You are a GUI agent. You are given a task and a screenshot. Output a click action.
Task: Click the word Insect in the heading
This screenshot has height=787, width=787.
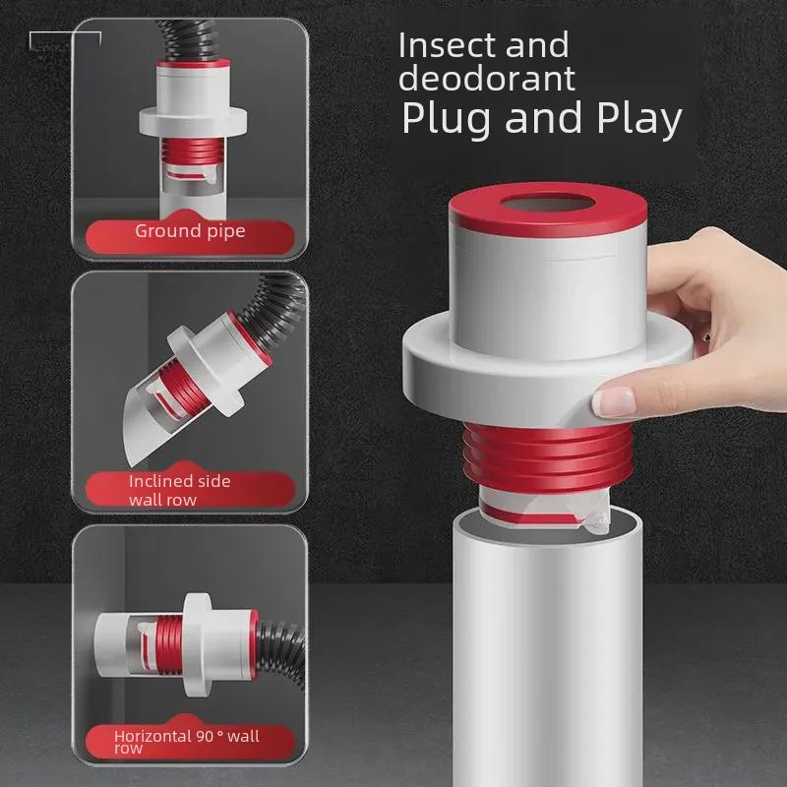448,45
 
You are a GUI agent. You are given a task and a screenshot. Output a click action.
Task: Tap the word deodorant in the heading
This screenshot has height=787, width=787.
486,79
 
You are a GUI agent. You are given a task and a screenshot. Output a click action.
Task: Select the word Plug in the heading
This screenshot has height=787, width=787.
447,118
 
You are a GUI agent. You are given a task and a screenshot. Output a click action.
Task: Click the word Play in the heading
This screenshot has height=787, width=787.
639,118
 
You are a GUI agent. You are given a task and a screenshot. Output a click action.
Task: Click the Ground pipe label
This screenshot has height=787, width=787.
190,231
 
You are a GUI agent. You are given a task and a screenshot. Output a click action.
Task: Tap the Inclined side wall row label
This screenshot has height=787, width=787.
179,490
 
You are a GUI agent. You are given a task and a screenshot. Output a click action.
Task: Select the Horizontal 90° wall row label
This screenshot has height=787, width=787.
186,741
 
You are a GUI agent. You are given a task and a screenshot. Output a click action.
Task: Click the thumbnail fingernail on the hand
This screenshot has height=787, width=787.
613,401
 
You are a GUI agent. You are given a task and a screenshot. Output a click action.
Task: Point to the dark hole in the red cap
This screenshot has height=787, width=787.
548,205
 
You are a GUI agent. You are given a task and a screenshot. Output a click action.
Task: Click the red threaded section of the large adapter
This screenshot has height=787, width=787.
547,456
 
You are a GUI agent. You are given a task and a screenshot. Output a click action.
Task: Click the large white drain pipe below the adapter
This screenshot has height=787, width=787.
547,652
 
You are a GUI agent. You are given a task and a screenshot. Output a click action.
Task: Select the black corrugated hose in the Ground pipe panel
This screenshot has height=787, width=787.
190,41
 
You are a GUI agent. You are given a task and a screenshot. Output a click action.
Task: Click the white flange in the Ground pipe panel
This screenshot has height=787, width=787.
193,120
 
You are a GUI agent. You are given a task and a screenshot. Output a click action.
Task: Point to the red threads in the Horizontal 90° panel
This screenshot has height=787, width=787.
169,644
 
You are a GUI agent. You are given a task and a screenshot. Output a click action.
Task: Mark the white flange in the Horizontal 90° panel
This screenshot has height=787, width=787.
197,644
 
